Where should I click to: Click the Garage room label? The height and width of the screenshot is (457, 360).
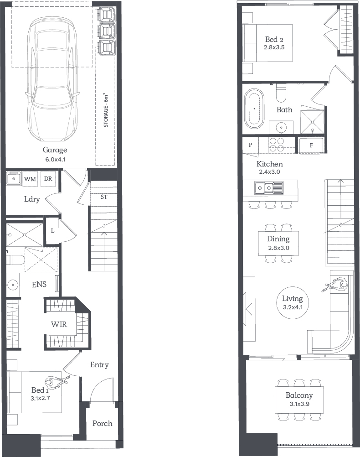(x=55, y=150)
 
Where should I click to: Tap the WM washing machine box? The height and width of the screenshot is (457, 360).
(x=30, y=179)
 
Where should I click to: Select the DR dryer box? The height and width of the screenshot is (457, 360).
(x=48, y=178)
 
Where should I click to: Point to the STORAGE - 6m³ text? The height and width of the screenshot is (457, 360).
(x=106, y=110)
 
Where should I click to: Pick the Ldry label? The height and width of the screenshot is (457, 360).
(x=32, y=199)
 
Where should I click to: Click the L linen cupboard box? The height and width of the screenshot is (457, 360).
(x=52, y=230)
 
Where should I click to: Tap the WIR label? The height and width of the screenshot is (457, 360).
(x=59, y=324)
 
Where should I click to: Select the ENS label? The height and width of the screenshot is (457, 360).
(x=39, y=284)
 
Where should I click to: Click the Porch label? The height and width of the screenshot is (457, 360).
(x=102, y=423)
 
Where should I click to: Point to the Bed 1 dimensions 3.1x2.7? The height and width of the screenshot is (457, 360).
(x=40, y=398)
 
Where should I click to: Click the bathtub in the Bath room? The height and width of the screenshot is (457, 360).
(x=254, y=109)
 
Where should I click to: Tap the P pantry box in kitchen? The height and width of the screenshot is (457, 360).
(x=251, y=145)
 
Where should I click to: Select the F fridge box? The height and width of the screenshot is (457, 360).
(x=311, y=145)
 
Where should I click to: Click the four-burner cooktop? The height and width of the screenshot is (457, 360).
(x=277, y=145)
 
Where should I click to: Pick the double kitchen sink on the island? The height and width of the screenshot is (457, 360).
(x=268, y=188)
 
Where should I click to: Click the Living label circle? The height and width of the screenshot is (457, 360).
(x=293, y=302)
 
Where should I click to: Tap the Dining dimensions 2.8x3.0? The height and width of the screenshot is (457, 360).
(x=278, y=248)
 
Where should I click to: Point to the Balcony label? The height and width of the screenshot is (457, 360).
(x=299, y=395)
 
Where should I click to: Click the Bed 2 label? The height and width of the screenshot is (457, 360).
(x=274, y=39)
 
